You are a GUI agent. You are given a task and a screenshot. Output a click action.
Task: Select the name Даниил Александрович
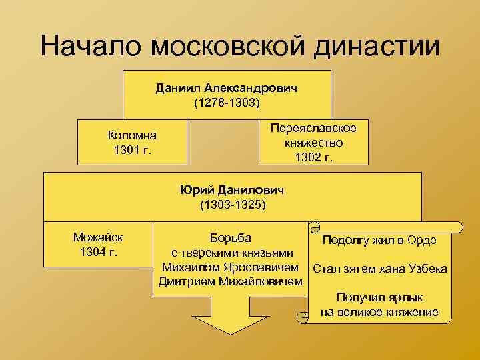[227, 88]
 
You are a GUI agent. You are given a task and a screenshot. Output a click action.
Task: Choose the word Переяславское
[313, 128]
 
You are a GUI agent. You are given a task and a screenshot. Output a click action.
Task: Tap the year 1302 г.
[313, 157]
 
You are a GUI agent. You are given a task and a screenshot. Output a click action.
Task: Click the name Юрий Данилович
[232, 190]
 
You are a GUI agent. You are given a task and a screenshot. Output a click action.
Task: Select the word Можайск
[97, 237]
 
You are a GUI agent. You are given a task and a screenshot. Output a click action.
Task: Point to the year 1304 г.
[97, 252]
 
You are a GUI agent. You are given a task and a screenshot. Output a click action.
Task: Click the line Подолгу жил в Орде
[379, 241]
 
